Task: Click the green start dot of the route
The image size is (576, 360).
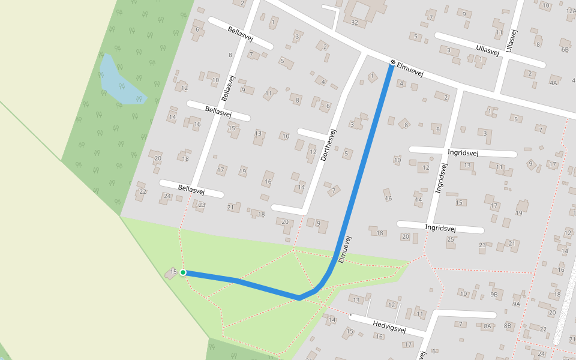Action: [183, 272]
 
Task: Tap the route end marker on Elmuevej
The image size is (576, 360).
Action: [392, 62]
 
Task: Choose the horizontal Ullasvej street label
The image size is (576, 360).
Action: [487, 50]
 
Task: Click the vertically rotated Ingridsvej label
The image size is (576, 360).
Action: [441, 178]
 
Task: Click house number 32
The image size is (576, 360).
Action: [355, 23]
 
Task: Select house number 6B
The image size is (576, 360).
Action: [565, 50]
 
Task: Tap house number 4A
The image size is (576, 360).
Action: [553, 83]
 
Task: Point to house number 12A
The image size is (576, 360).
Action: [571, 10]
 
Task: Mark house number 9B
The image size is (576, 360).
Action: [494, 294]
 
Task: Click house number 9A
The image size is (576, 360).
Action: [517, 304]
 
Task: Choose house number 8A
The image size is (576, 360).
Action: [487, 326]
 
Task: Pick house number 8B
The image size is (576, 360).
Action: [508, 326]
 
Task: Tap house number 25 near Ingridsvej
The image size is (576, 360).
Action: [451, 240]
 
